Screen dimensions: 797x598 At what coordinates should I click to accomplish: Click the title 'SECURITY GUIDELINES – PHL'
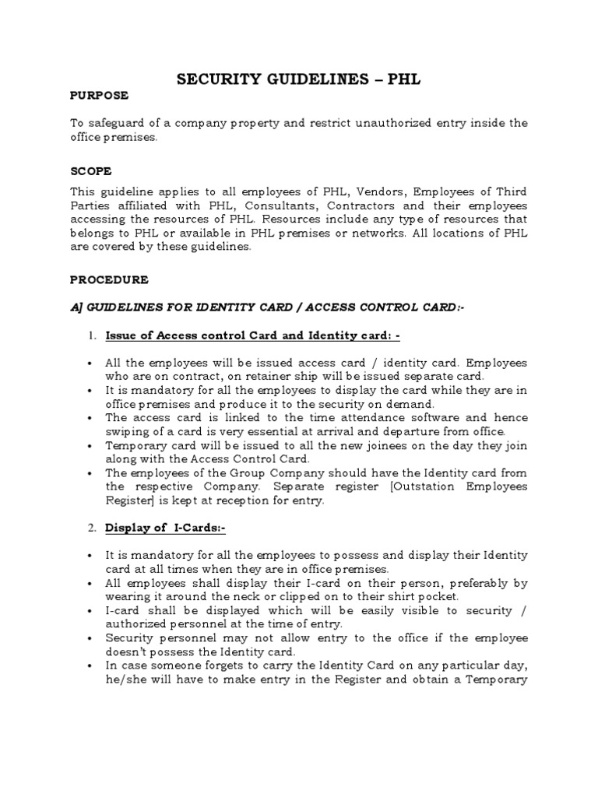(x=299, y=79)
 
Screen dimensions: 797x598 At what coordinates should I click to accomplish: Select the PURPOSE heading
(x=99, y=96)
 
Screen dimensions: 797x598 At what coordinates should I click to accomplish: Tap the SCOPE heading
(x=91, y=170)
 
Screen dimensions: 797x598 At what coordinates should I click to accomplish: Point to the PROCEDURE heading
(x=110, y=279)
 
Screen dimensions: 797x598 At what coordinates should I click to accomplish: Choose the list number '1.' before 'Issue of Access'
(x=92, y=335)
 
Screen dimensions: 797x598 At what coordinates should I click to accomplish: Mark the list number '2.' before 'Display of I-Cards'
(x=92, y=528)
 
